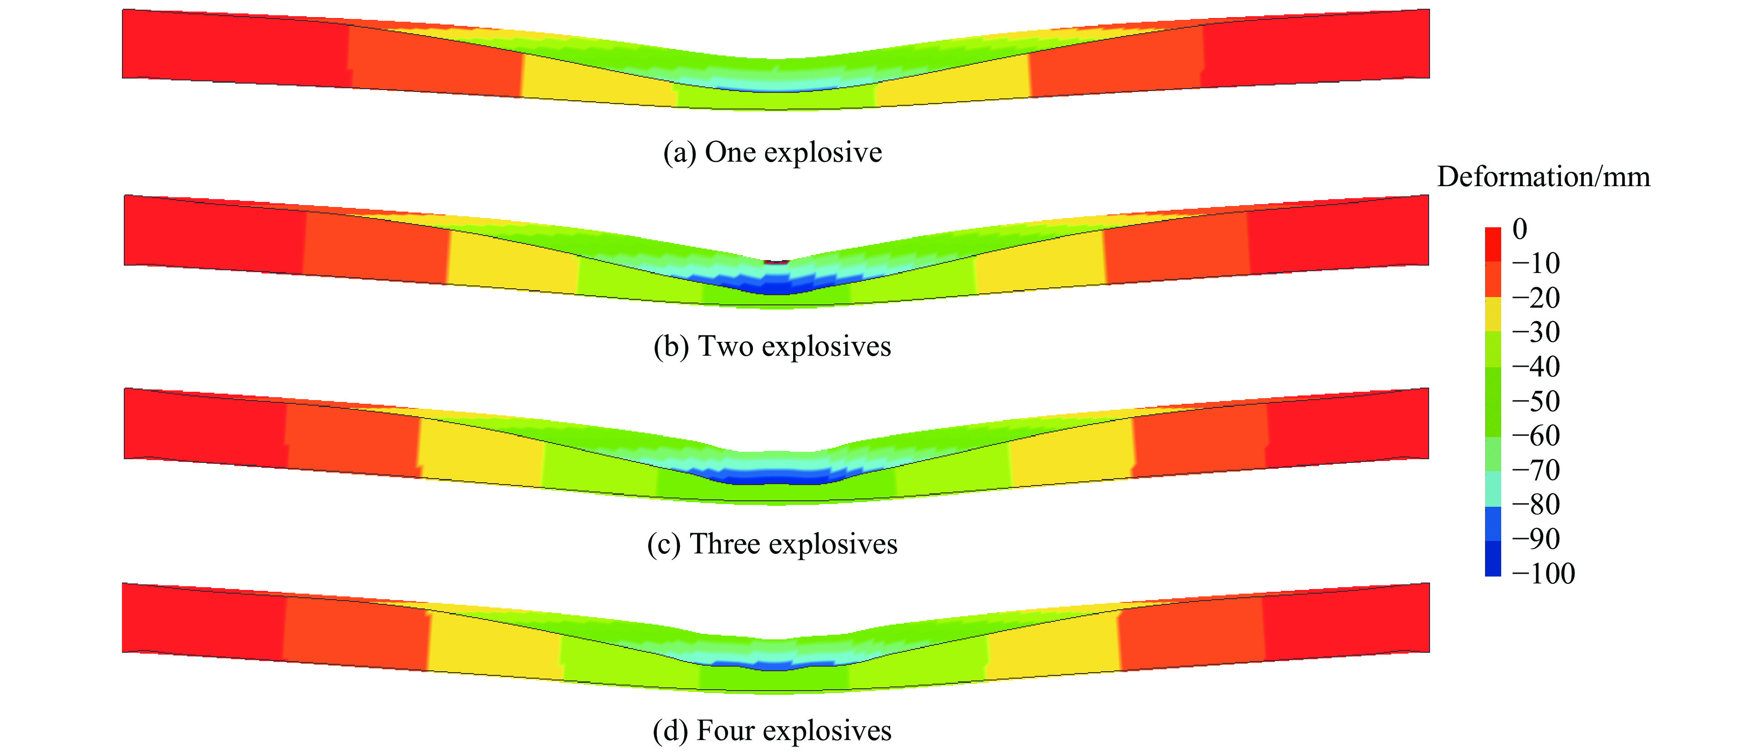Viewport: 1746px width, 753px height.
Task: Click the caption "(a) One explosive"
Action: tap(773, 152)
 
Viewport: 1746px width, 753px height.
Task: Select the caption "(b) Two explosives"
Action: tap(772, 346)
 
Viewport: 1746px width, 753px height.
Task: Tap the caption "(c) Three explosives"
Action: tap(772, 544)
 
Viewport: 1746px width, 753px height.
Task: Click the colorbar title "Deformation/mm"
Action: tap(1543, 177)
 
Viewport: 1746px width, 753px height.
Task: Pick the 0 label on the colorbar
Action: tap(1520, 229)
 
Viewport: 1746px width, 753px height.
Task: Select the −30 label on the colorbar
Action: tap(1536, 332)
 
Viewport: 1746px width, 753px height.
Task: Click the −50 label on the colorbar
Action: tap(1536, 401)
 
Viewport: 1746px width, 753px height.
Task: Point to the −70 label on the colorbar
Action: tap(1536, 470)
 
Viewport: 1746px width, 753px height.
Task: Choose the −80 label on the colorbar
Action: tap(1536, 504)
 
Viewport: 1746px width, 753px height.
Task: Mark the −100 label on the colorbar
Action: tap(1543, 573)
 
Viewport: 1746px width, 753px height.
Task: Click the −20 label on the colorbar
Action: tap(1536, 298)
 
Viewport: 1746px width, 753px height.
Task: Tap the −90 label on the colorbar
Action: tap(1536, 539)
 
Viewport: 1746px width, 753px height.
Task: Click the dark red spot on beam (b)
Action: tap(777, 261)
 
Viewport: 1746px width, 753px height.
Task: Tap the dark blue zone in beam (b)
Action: tap(777, 285)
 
